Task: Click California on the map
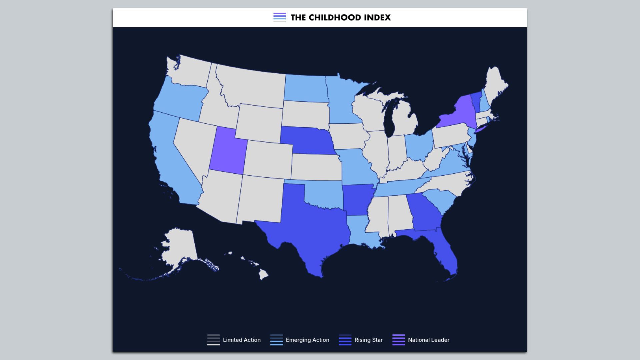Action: [170, 160]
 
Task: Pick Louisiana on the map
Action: [362, 232]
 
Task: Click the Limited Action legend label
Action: [242, 340]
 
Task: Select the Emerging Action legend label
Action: [307, 340]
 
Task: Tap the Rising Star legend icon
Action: [345, 340]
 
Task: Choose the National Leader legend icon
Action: [399, 340]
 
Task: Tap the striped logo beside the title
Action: [280, 17]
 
